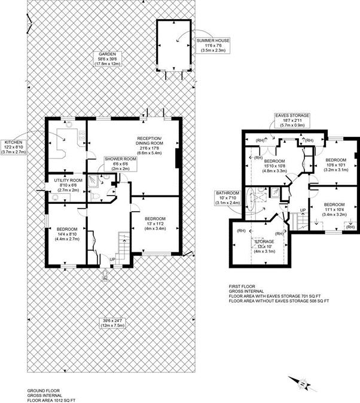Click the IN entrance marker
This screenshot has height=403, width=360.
[x=105, y=279]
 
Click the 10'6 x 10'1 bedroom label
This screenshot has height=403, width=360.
[x=335, y=165]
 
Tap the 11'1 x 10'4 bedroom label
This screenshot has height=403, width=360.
[x=335, y=209]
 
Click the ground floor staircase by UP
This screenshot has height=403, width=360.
[x=122, y=245]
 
